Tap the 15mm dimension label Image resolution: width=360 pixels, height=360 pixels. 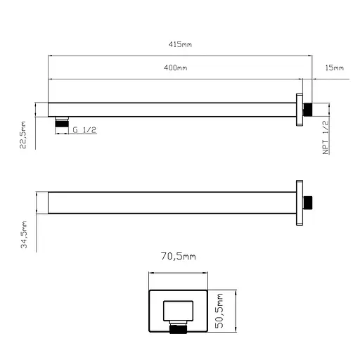(335, 68)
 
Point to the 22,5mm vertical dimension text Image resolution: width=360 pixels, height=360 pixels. (24, 134)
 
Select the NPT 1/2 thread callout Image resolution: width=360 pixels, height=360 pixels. (326, 136)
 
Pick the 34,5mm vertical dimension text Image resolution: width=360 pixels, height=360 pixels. (24, 234)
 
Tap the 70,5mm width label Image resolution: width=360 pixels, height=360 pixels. (179, 258)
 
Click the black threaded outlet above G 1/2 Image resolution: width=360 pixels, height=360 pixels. (62, 124)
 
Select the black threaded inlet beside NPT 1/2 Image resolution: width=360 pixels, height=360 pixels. (307, 110)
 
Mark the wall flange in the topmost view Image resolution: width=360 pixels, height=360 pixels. (300, 110)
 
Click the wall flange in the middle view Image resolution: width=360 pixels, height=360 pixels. (300, 202)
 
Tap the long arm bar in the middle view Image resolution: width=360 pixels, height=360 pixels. (169, 202)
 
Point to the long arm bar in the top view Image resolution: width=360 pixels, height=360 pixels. (169, 110)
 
